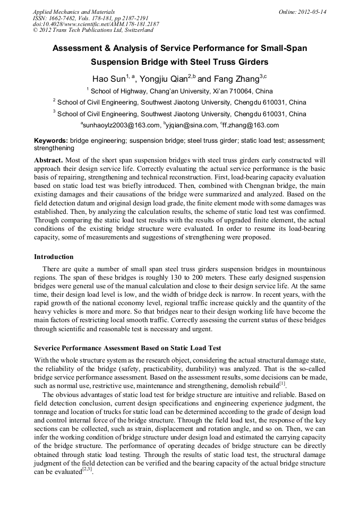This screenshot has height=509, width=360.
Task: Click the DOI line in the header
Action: click(96, 24)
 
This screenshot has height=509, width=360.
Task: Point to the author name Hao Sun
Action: click(109, 80)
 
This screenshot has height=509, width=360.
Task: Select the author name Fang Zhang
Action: click(236, 80)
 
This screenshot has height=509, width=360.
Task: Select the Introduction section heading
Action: click(54, 256)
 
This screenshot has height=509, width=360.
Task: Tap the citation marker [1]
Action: click(282, 383)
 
